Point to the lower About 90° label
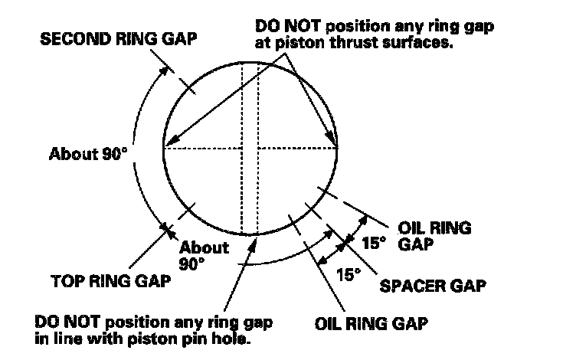coord(204,254)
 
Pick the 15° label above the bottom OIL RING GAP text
coord(347,273)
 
